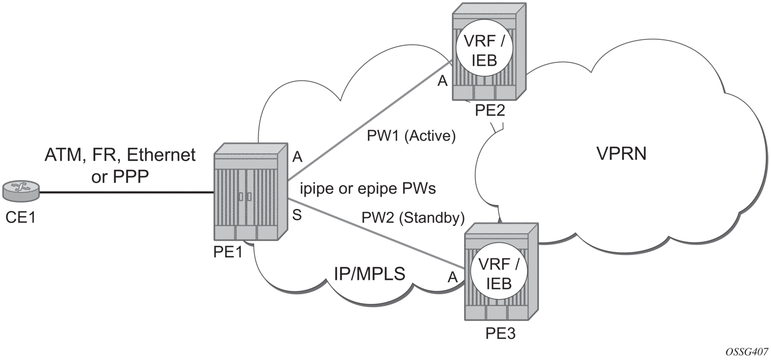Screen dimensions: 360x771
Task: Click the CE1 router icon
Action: (x=21, y=191)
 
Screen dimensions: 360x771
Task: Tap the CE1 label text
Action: (x=20, y=217)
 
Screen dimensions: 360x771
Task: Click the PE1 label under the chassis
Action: (x=228, y=253)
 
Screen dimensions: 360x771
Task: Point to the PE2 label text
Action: (x=490, y=111)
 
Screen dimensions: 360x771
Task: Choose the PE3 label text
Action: (x=501, y=334)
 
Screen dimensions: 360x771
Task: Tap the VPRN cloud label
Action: (x=621, y=154)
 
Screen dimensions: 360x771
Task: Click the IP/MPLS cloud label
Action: (x=369, y=274)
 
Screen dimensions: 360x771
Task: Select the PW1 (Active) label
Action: (x=411, y=136)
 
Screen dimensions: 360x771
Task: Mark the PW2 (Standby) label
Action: (x=413, y=218)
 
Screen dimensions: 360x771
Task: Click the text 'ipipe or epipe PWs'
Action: (x=367, y=188)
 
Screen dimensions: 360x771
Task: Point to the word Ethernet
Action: (x=161, y=155)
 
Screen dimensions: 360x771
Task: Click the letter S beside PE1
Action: (x=297, y=215)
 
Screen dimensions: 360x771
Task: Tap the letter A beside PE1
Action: (x=297, y=157)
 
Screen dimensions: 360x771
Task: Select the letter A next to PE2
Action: (x=442, y=81)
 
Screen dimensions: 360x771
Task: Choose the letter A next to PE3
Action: (x=452, y=278)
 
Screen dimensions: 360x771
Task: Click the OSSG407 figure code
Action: (x=747, y=351)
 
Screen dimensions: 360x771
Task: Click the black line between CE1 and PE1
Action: (x=127, y=193)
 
